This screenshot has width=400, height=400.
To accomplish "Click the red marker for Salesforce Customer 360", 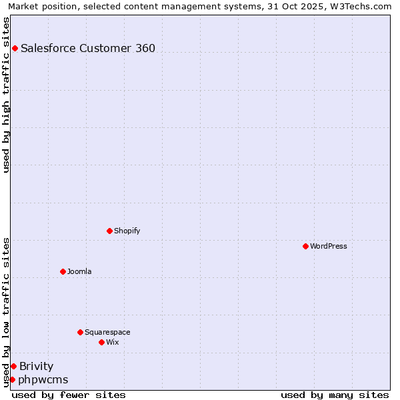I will point(15,48).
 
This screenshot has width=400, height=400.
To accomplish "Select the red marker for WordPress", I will point(305,246).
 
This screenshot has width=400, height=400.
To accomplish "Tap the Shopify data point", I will point(109,231).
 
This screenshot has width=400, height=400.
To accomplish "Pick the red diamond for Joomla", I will point(63,271).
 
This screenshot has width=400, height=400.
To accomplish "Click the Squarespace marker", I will point(80,332).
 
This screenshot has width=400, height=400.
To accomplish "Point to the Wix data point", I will point(101,342).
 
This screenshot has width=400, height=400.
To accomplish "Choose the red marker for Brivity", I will point(13,366).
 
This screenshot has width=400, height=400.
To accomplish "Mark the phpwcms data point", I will point(12,379).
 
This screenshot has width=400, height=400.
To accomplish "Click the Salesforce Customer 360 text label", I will point(88,48).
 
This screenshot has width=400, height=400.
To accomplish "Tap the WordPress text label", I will point(329,246).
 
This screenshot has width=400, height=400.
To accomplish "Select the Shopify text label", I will point(127,231).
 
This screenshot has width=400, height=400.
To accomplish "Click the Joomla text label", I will point(79,271).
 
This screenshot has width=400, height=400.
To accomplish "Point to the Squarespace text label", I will point(107,332).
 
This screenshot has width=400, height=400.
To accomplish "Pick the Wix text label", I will point(113,342).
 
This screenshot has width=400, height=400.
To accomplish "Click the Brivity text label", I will point(37,366).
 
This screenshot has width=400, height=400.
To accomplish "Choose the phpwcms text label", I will point(43,379).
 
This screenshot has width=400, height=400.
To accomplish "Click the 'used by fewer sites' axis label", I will point(69,395).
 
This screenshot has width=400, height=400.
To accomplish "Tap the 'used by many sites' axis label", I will point(335,395).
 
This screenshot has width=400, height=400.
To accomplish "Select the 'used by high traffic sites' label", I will point(7,95).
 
